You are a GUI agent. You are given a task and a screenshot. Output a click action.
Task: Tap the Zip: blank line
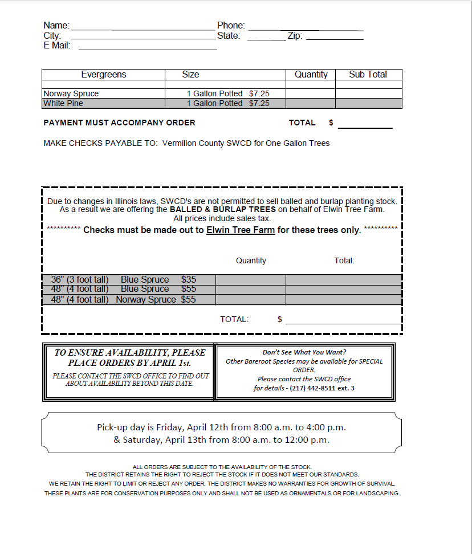coord(335,38)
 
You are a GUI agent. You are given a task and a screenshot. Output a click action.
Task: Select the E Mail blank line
coord(147,48)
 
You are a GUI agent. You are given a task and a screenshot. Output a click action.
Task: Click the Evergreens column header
coord(103,75)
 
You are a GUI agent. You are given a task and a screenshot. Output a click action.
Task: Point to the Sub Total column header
coord(368,75)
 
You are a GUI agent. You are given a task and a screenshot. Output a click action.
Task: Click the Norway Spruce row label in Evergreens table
coord(71,93)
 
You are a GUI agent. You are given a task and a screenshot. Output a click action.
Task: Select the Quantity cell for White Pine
coord(310,103)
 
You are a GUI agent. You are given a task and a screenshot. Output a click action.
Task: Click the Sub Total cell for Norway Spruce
coord(368,93)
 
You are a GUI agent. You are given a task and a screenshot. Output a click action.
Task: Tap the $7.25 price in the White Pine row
coord(259,103)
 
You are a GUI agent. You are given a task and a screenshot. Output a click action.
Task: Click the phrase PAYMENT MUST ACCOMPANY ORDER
coord(119,123)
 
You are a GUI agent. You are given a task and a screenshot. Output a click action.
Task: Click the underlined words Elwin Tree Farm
coord(241,230)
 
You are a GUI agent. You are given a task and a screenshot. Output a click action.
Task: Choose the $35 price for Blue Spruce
coord(189,279)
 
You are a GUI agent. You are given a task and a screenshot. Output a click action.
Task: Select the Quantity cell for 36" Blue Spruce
coord(250,279)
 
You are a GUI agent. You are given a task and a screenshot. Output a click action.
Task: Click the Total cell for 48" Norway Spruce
coord(343,299)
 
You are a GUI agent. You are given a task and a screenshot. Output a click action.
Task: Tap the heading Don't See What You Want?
coord(304,352)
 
